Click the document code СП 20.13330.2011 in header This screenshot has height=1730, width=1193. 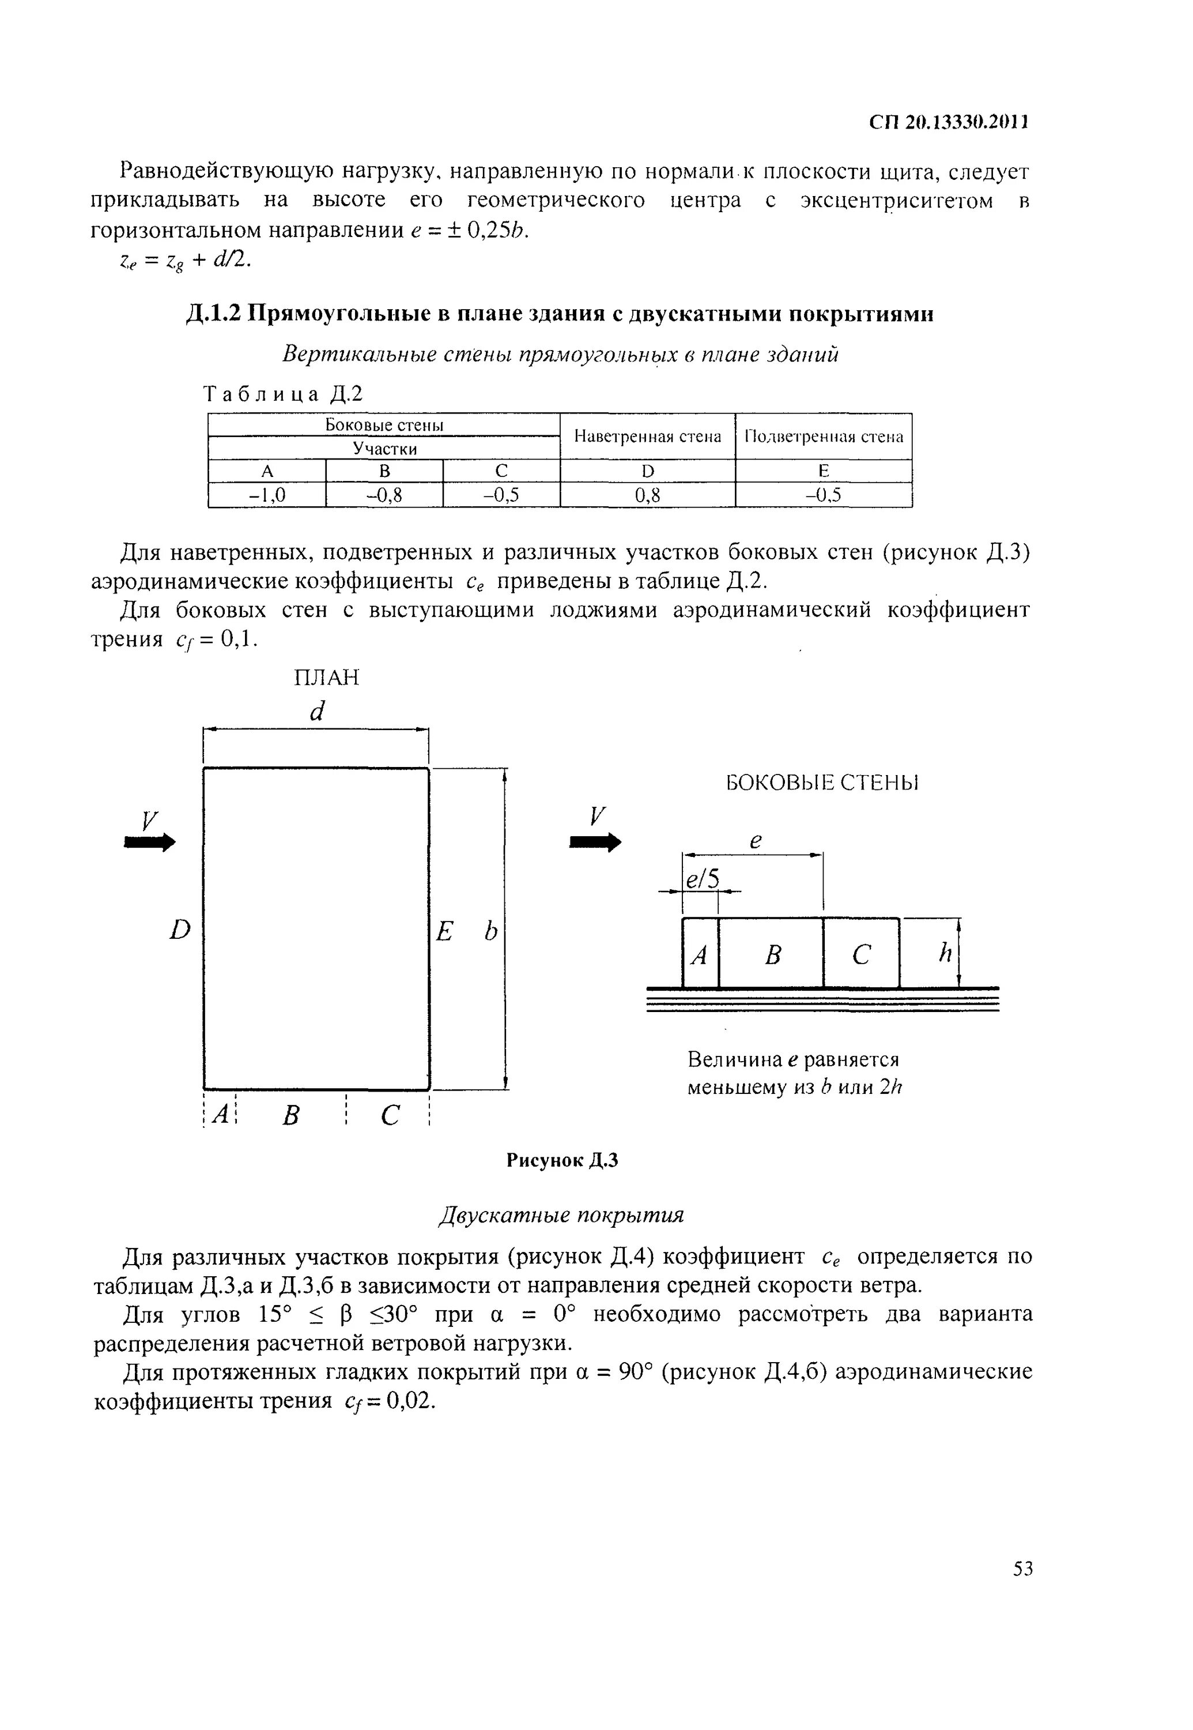pyautogui.click(x=949, y=122)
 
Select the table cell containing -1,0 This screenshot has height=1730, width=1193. pyautogui.click(x=267, y=494)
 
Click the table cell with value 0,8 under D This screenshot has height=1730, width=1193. pyautogui.click(x=647, y=494)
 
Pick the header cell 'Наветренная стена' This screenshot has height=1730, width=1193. pyautogui.click(x=647, y=436)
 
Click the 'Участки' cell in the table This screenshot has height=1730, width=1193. pyautogui.click(x=384, y=448)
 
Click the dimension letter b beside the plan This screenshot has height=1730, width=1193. pyautogui.click(x=490, y=931)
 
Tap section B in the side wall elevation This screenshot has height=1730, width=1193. pyautogui.click(x=773, y=955)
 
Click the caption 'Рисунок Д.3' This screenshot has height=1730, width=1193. pyautogui.click(x=562, y=1160)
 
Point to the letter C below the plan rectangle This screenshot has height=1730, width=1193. pyautogui.click(x=390, y=1116)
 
